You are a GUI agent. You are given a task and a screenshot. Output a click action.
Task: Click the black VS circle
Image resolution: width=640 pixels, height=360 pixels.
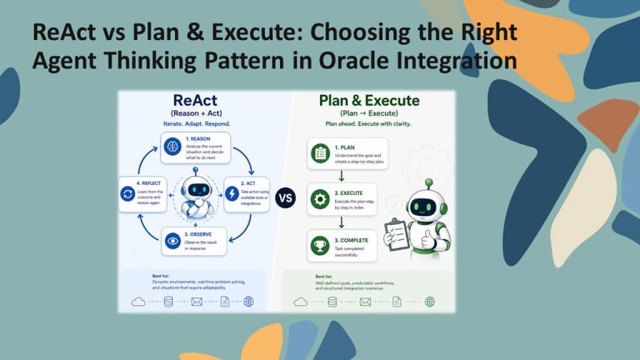click(x=285, y=198)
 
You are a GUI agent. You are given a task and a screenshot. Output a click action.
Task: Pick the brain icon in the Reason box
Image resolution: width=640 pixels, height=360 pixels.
click(x=172, y=147)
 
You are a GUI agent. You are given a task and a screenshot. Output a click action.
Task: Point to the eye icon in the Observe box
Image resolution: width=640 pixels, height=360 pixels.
click(x=173, y=241)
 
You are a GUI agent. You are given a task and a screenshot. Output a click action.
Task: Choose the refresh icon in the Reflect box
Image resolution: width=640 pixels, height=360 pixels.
click(x=127, y=194)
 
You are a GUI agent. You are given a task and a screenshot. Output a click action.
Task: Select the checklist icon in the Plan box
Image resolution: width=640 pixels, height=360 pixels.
click(x=319, y=152)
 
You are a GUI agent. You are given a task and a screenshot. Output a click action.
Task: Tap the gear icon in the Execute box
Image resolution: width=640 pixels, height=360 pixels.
click(x=319, y=199)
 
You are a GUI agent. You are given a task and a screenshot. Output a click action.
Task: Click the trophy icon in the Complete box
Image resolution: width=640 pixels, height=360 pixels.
click(x=319, y=245)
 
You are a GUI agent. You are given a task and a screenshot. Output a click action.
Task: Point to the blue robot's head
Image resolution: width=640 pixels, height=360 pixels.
click(x=199, y=187)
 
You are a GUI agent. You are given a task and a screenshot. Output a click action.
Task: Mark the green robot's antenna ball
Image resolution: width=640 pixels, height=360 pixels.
click(x=429, y=183)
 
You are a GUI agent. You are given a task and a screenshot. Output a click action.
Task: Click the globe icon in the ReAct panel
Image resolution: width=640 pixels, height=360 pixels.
click(x=248, y=302)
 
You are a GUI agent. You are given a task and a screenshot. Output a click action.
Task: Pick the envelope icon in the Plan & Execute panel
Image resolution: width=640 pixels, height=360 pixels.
click(x=365, y=302)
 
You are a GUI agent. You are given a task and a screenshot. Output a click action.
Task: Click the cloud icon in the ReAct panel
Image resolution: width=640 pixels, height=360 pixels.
click(x=138, y=302)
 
